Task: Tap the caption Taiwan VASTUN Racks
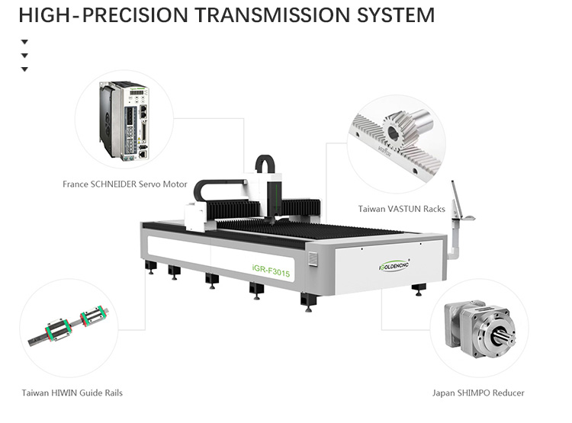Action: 401,208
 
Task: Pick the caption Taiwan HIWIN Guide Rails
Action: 72,393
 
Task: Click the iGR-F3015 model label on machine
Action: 272,274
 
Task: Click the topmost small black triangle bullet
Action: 24,42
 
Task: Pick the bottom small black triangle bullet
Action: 24,69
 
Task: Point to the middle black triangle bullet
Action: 24,56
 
